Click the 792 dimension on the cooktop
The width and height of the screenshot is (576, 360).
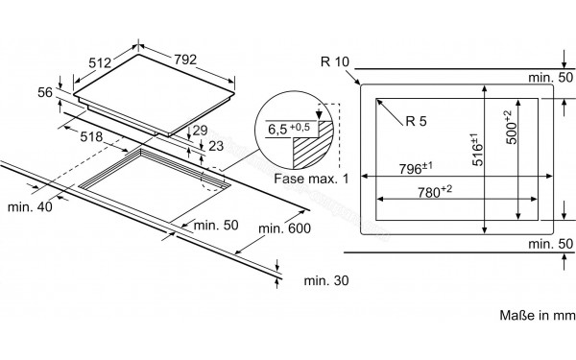click(x=185, y=60)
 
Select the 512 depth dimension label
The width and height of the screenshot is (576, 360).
click(x=100, y=62)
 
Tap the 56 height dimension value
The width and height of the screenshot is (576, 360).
click(x=45, y=92)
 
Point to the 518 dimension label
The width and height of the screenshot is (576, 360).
click(x=91, y=137)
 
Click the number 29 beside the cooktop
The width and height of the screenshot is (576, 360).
click(x=200, y=131)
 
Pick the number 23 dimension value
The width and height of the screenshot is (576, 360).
click(x=216, y=146)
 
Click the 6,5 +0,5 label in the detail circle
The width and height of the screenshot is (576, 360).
click(x=289, y=129)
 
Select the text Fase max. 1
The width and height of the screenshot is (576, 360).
click(x=311, y=179)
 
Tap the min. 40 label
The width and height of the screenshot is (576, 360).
click(x=30, y=206)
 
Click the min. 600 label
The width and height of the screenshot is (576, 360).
click(x=285, y=228)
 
